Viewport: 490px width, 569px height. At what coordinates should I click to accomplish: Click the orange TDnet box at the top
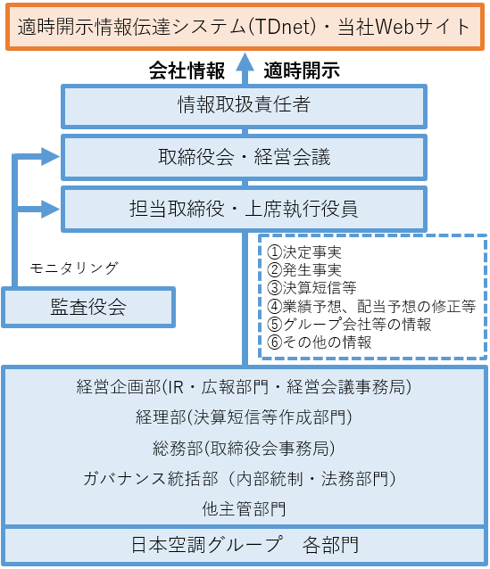(x=245, y=27)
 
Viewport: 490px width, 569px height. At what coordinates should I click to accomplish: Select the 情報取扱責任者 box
(x=244, y=106)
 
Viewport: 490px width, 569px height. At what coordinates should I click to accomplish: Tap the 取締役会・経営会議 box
(x=244, y=157)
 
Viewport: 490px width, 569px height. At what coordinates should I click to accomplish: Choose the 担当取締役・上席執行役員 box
(x=244, y=209)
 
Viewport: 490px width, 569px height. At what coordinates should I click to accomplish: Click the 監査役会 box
(x=88, y=307)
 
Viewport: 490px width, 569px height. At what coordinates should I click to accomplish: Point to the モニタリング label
(x=74, y=268)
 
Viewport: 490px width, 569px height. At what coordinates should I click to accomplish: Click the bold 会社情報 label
(x=187, y=70)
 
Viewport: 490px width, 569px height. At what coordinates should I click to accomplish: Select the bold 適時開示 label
(x=302, y=70)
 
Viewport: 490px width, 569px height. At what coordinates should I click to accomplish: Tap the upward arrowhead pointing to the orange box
(x=245, y=62)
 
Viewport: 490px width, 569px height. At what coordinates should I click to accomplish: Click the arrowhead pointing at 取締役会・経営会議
(x=50, y=157)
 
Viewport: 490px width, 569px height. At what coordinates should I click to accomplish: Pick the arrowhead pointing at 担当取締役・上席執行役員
(x=50, y=209)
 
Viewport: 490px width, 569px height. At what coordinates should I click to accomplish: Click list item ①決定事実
(x=304, y=252)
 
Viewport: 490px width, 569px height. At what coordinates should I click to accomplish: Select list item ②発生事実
(x=304, y=269)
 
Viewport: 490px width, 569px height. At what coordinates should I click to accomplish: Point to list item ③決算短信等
(x=311, y=288)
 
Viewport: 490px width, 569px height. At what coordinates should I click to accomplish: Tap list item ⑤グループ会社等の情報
(x=349, y=324)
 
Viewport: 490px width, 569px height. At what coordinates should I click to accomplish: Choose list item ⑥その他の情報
(x=320, y=342)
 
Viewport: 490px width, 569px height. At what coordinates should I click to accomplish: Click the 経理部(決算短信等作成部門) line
(x=244, y=417)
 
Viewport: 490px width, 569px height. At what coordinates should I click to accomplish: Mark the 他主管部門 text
(x=244, y=508)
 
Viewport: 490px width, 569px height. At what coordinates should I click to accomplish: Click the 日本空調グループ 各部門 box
(x=245, y=545)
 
